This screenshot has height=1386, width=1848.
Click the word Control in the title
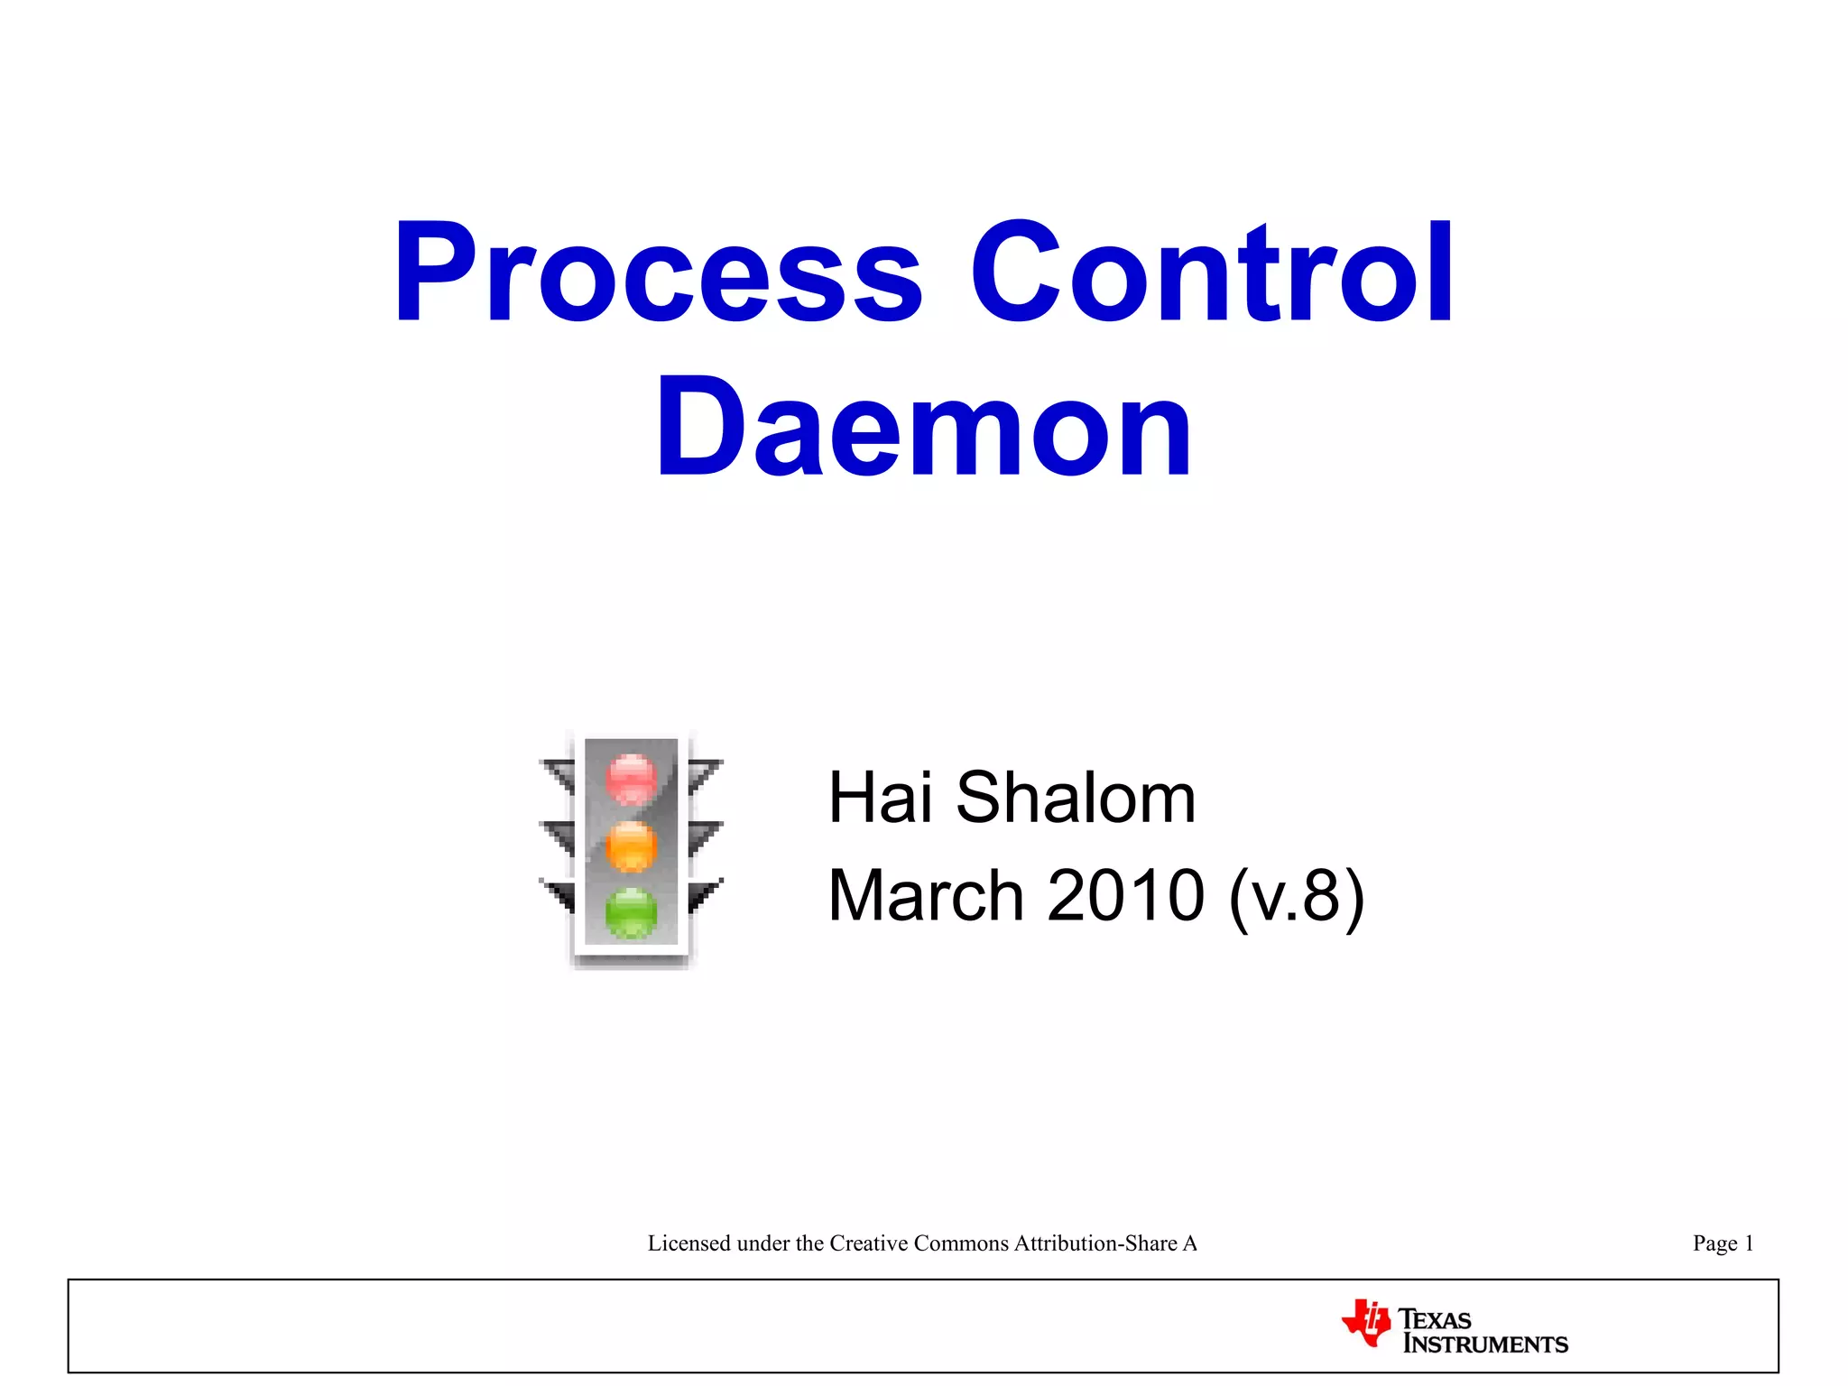(1211, 273)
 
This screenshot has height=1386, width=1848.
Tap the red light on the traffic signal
(632, 777)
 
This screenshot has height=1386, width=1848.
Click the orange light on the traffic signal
(632, 846)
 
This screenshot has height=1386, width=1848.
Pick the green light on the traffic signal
(632, 911)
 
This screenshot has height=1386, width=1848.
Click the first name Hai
(880, 798)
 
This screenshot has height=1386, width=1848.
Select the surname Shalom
(1076, 798)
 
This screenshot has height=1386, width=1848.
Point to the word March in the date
(925, 895)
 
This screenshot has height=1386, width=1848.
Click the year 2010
(1125, 895)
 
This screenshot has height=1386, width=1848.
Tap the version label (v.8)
(1297, 895)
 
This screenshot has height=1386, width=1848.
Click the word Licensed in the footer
(689, 1243)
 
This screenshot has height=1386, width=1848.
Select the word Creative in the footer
(869, 1243)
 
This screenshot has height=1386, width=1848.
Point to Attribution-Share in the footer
(1095, 1243)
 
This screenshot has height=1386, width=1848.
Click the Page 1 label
(1723, 1243)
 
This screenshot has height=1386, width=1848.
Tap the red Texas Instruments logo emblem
(1366, 1323)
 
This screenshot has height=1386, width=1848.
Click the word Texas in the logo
(1435, 1319)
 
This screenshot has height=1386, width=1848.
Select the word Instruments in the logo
(1485, 1344)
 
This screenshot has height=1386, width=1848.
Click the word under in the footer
(763, 1243)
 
